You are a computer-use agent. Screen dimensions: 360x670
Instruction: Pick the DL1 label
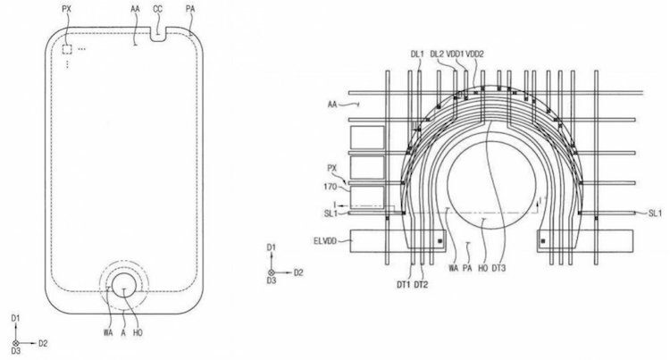416,54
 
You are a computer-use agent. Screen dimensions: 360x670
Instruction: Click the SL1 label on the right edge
655,214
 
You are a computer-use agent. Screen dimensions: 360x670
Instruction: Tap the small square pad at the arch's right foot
544,241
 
